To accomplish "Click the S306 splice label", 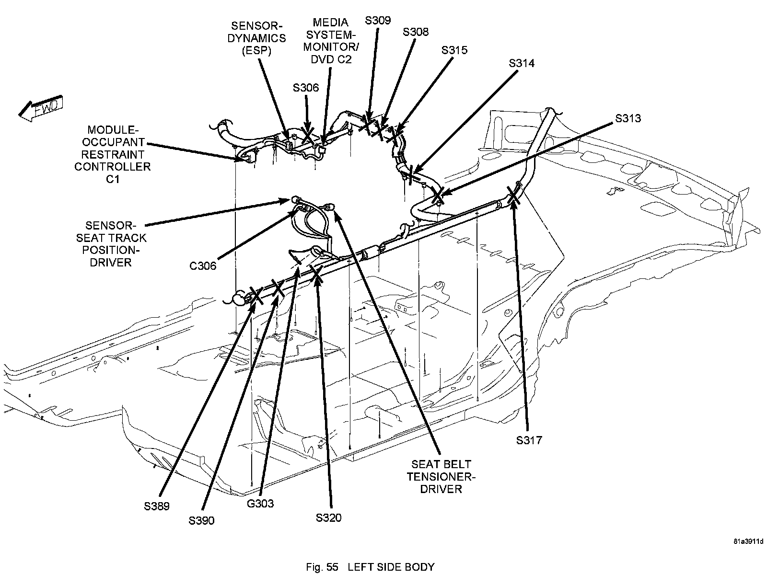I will point(306,88).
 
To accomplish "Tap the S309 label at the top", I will point(377,20).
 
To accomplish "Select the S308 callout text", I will point(416,32).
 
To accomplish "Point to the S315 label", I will point(454,50).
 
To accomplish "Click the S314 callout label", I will point(522,63).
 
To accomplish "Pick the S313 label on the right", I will point(628,118).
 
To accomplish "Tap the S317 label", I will point(529,440).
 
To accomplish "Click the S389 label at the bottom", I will point(156,506).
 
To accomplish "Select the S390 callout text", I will point(201,521).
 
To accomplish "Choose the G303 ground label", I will point(260,503).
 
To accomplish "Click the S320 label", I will point(329,517).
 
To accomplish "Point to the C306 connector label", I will point(203,266).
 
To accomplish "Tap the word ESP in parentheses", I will point(256,50).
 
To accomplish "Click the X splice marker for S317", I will point(513,195).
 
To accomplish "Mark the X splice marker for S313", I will point(438,195).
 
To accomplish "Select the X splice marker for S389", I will point(256,296).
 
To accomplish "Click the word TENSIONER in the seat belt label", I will point(441,477).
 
